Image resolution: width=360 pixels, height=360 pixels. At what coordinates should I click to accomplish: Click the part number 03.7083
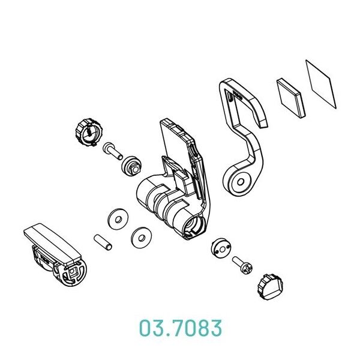181,328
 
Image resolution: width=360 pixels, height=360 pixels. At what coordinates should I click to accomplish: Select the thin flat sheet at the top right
321,84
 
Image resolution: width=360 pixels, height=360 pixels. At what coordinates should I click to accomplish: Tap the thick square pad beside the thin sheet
291,98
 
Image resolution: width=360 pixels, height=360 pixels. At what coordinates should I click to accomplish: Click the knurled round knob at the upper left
89,133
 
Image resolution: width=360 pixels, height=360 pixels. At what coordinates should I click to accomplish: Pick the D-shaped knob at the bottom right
270,287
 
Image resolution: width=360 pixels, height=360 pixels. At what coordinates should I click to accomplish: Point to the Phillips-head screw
242,265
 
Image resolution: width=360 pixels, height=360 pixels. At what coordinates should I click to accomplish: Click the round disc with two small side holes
221,248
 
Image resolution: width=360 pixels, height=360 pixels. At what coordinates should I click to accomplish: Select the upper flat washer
118,219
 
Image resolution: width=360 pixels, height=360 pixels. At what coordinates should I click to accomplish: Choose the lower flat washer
141,238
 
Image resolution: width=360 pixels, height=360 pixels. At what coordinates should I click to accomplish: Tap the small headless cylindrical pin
103,242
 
